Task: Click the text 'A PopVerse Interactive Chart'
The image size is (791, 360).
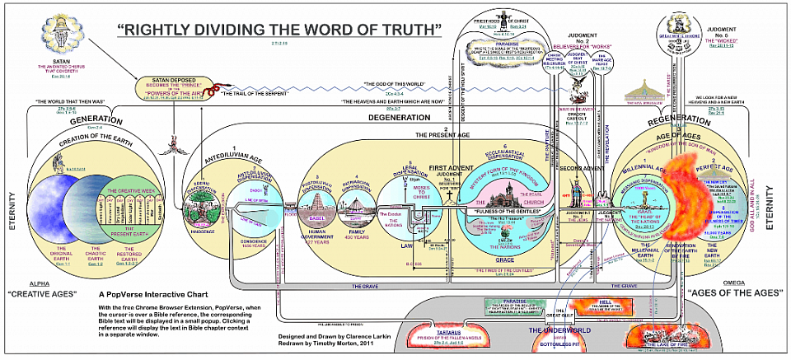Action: tap(153, 293)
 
